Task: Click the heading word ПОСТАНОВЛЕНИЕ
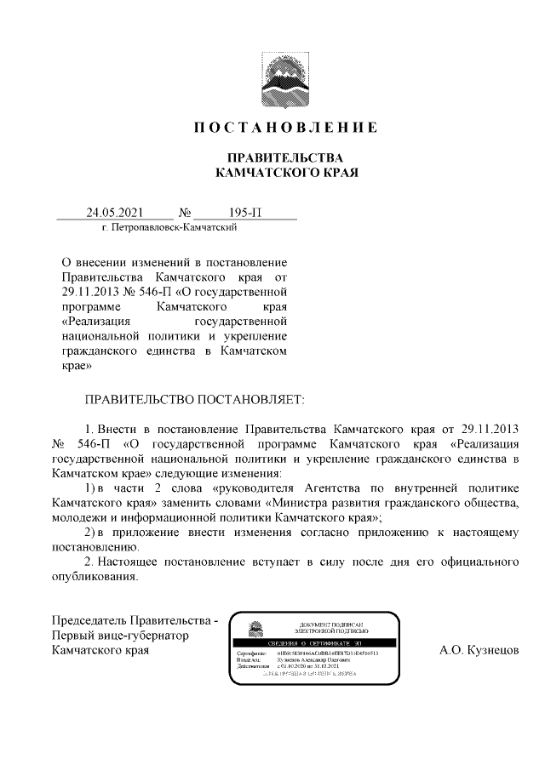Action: (285, 128)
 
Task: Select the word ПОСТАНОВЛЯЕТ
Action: (250, 398)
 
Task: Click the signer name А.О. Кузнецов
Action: (479, 651)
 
